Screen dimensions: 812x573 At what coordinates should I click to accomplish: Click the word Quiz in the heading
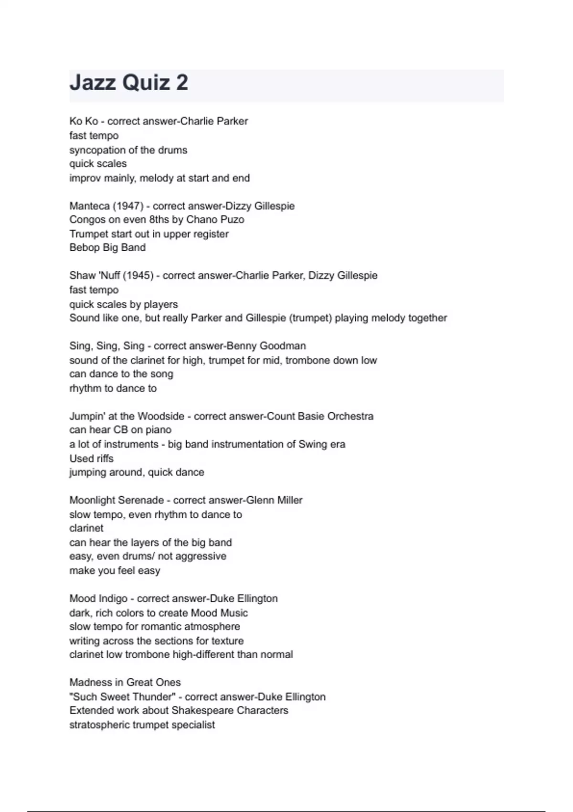click(146, 83)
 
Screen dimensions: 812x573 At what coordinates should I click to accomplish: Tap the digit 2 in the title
click(182, 83)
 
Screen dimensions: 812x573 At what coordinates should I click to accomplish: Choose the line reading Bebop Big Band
click(107, 247)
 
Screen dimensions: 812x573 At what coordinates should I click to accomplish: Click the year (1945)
click(138, 276)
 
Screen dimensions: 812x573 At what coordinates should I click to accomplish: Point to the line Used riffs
click(91, 459)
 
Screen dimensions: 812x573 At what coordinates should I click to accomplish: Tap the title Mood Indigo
click(98, 598)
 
